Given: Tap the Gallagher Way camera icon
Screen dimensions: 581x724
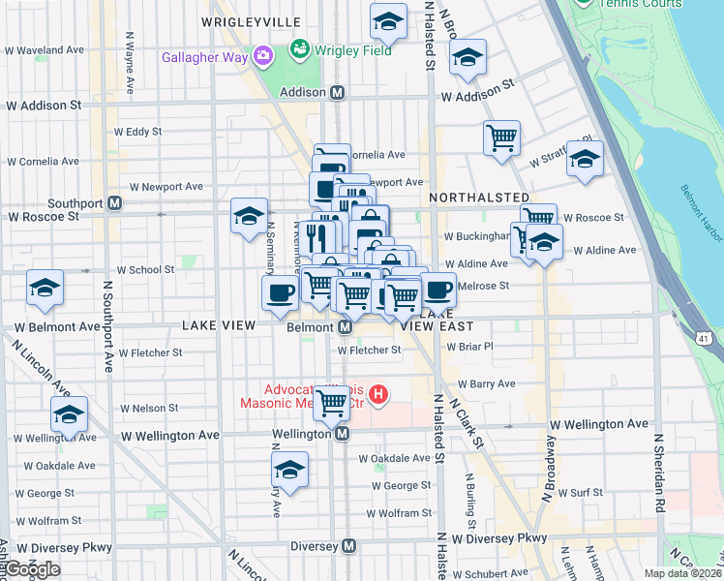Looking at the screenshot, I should (x=262, y=56).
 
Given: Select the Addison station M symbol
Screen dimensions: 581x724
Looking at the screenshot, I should (x=338, y=93).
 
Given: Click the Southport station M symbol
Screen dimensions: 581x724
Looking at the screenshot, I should (x=115, y=203).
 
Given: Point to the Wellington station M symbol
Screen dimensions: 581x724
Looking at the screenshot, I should (x=342, y=435).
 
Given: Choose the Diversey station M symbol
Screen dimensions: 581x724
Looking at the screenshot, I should (x=349, y=546).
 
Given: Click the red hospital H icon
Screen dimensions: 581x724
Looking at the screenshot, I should (x=379, y=395).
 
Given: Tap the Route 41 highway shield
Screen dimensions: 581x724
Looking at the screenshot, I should (x=704, y=336).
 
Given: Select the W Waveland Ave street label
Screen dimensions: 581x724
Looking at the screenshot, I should (x=46, y=49).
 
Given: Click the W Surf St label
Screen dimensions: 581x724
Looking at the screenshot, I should (x=583, y=492).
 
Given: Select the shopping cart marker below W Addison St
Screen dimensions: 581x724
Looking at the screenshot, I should (x=501, y=138).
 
